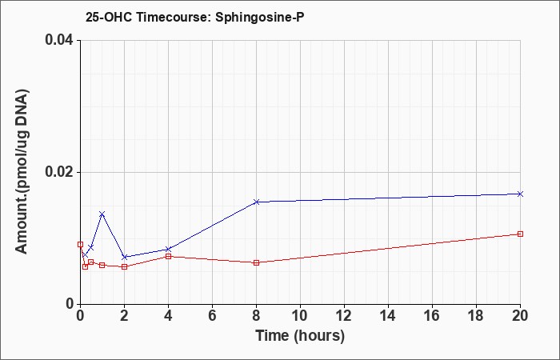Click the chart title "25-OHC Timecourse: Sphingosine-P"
coord(195,17)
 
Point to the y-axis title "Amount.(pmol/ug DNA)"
coord(22,171)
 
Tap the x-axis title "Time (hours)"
coord(300,336)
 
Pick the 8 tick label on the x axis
coord(257,316)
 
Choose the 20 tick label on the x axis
coord(520,316)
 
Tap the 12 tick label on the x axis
coord(344,316)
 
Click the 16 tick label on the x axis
coord(432,316)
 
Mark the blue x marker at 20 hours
coord(520,194)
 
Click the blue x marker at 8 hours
coord(257,202)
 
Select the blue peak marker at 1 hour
coord(102,214)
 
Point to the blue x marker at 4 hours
coord(168,250)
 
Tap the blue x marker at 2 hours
coord(124,257)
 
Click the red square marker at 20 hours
coord(520,234)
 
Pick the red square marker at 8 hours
coord(257,263)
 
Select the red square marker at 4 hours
coord(168,257)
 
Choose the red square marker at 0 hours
coord(80,244)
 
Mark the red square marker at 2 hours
coord(124,266)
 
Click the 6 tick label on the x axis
coord(212,316)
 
